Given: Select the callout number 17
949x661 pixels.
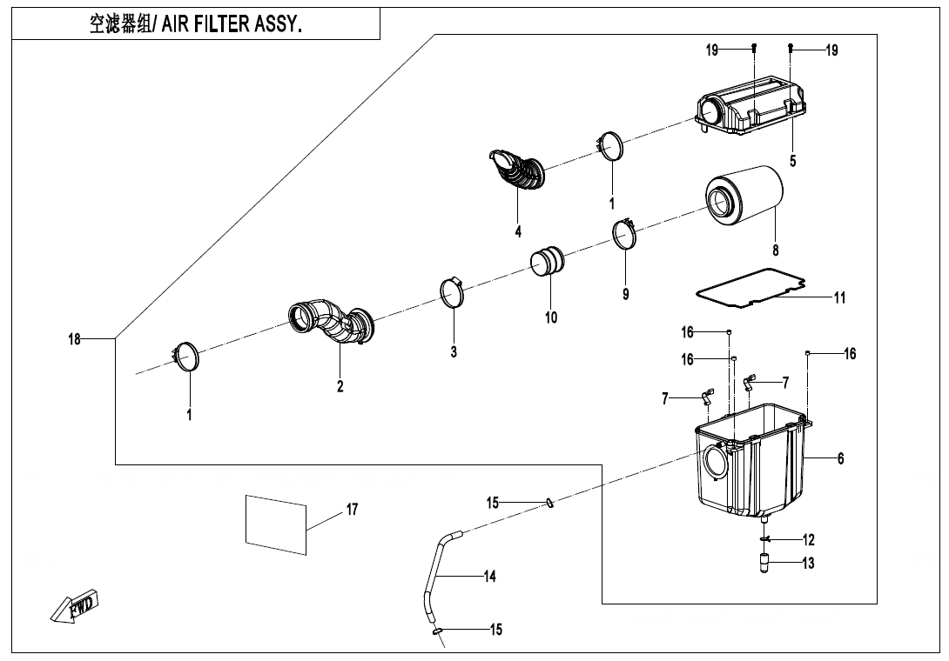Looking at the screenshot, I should pyautogui.click(x=352, y=510).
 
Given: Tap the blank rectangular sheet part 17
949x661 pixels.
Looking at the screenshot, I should pyautogui.click(x=276, y=524).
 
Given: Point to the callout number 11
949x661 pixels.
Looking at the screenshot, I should pyautogui.click(x=839, y=297).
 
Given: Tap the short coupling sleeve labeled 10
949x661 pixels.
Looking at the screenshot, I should pyautogui.click(x=548, y=261).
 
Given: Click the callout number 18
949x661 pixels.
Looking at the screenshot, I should pyautogui.click(x=75, y=338).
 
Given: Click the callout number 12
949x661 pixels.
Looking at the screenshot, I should pyautogui.click(x=809, y=540).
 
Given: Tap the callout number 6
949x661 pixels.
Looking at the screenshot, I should pyautogui.click(x=840, y=458).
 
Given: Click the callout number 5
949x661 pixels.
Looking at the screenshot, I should pyautogui.click(x=792, y=160).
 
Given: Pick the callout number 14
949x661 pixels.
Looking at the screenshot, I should pyautogui.click(x=489, y=576).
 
